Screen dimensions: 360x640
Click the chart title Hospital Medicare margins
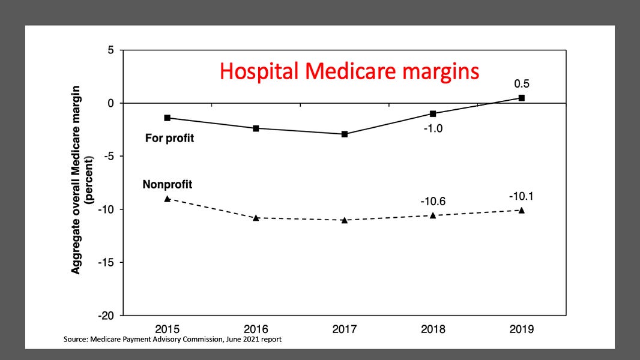pyautogui.click(x=349, y=71)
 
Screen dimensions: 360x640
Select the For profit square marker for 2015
pyautogui.click(x=167, y=118)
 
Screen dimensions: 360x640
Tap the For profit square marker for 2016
pyautogui.click(x=256, y=128)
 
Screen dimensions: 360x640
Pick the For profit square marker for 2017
pyautogui.click(x=345, y=134)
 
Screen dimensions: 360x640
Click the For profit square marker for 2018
pyautogui.click(x=433, y=113)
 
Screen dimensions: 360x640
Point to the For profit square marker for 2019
pyautogui.click(x=521, y=98)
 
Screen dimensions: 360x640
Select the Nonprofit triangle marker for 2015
pyautogui.click(x=167, y=199)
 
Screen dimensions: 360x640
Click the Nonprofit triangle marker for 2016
pyautogui.click(x=256, y=218)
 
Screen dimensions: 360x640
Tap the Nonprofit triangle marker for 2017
pyautogui.click(x=345, y=220)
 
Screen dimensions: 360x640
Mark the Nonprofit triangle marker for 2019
pyautogui.click(x=521, y=210)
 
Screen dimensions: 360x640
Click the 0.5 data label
pyautogui.click(x=521, y=83)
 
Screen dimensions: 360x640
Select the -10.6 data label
pyautogui.click(x=433, y=202)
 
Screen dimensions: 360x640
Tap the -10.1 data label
pyautogui.click(x=521, y=196)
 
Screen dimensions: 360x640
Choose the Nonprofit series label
pyautogui.click(x=167, y=185)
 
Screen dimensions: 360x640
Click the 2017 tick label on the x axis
pyautogui.click(x=345, y=329)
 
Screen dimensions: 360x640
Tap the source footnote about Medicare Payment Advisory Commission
pyautogui.click(x=172, y=340)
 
